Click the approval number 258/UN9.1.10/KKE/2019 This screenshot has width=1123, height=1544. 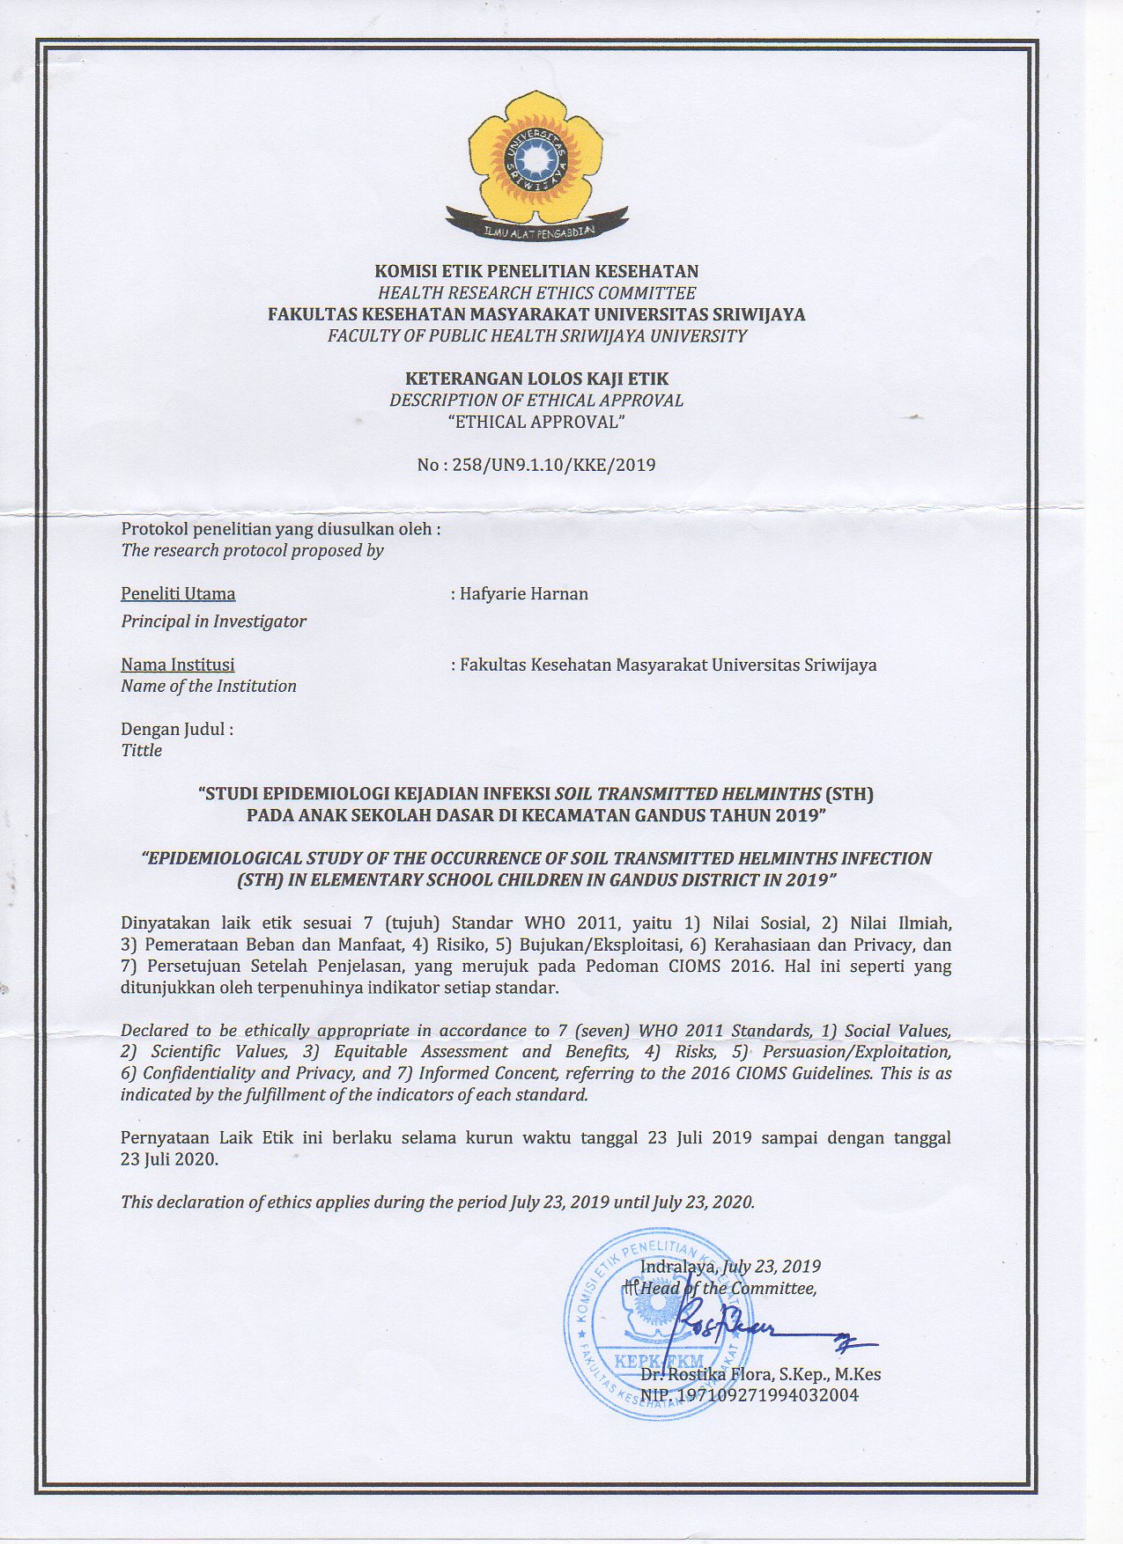pyautogui.click(x=536, y=465)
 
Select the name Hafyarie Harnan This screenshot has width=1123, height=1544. pyautogui.click(x=524, y=594)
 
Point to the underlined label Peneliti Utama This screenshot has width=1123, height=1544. pyautogui.click(x=178, y=594)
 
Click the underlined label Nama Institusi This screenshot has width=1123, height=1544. pyautogui.click(x=178, y=665)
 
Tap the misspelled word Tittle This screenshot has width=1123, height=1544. pyautogui.click(x=142, y=751)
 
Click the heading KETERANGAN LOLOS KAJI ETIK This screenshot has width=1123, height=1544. pyautogui.click(x=536, y=379)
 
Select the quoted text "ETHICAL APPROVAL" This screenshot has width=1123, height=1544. pyautogui.click(x=536, y=422)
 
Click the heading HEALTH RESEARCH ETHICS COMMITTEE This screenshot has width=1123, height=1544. pyautogui.click(x=536, y=293)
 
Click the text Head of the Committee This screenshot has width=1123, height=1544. pyautogui.click(x=728, y=1289)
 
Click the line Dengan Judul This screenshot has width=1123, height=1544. pyautogui.click(x=177, y=730)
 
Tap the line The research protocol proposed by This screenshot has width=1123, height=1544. pyautogui.click(x=252, y=551)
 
